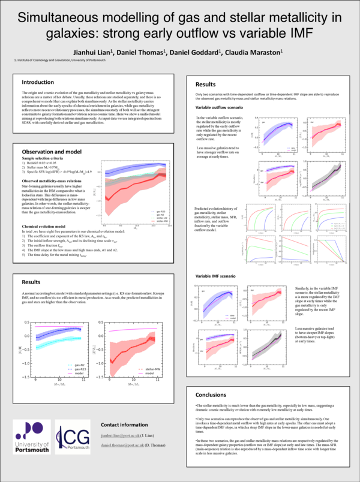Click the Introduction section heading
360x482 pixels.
click(40, 82)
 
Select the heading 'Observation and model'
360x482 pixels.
click(53, 152)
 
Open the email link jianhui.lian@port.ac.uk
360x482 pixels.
click(124, 435)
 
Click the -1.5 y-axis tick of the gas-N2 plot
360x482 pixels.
click(27, 378)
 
